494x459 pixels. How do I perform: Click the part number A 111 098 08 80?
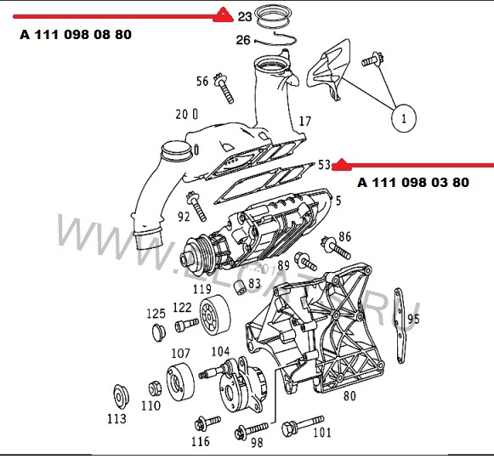[x=76, y=35]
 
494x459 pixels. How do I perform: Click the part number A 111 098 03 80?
[x=412, y=182]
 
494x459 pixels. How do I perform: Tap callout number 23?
[x=245, y=16]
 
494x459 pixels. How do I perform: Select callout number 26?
[x=243, y=40]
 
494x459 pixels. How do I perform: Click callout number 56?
[x=202, y=82]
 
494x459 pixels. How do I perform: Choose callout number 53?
[x=324, y=164]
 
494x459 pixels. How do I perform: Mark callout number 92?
[x=184, y=216]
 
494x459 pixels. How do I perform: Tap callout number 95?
[x=414, y=320]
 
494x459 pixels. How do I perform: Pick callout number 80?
[x=349, y=394]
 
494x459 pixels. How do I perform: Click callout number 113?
[x=116, y=419]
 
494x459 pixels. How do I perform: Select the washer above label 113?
[x=119, y=398]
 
